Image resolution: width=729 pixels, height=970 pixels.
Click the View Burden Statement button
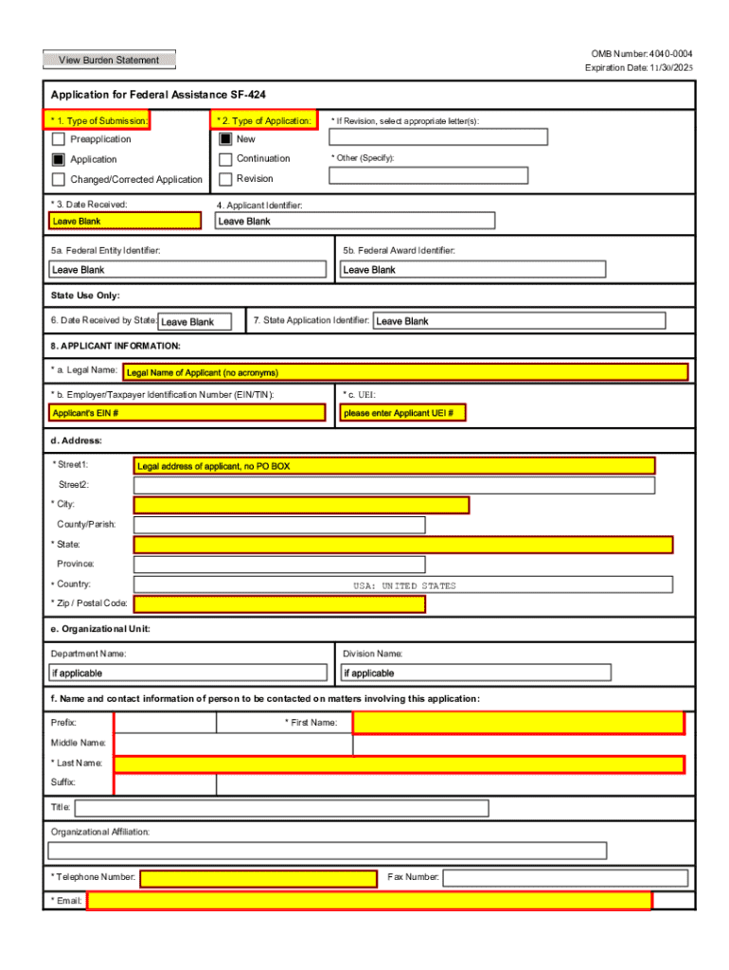(x=109, y=61)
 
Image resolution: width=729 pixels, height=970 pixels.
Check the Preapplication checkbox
(x=59, y=139)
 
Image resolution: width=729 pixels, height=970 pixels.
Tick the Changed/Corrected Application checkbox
(x=59, y=179)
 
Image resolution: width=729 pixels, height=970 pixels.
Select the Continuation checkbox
(x=225, y=159)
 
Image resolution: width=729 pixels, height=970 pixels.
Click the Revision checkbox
(x=225, y=179)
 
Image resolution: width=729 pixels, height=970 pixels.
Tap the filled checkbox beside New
(x=225, y=139)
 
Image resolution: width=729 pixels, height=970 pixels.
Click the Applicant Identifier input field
(x=355, y=221)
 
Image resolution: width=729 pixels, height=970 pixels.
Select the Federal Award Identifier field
(x=472, y=269)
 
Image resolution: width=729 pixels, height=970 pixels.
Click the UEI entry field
(x=402, y=413)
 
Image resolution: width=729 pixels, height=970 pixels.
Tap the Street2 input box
(x=394, y=486)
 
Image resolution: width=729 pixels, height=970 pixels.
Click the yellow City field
(x=301, y=505)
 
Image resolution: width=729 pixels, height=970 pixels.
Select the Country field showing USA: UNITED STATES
(x=403, y=585)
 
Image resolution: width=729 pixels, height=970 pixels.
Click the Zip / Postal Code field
(x=279, y=604)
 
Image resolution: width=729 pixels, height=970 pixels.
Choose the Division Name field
(x=475, y=673)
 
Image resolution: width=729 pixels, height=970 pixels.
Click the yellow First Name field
(x=518, y=723)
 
